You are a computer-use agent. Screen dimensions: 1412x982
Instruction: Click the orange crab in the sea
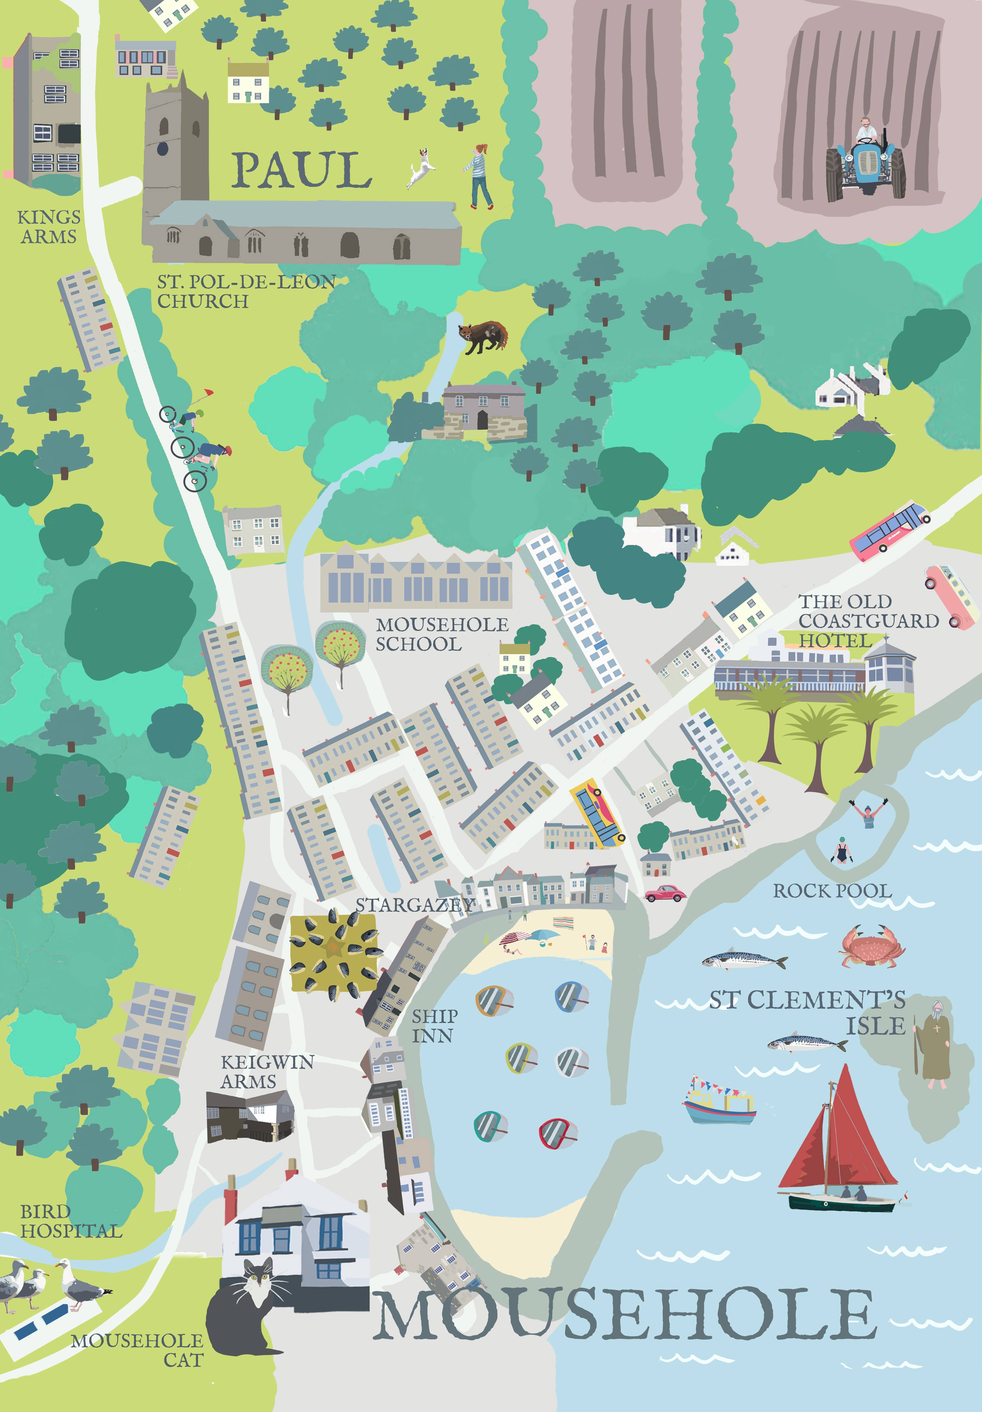tap(871, 945)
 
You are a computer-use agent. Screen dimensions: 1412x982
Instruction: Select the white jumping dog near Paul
tap(421, 166)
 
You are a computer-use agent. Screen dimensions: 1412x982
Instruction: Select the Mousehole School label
tap(441, 634)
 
